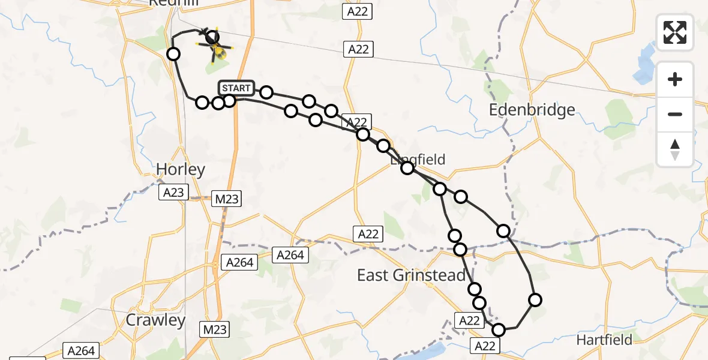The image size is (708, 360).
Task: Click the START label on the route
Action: click(236, 88)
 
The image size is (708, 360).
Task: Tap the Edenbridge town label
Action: click(532, 110)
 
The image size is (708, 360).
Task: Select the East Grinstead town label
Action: click(411, 275)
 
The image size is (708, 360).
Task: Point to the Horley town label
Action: click(181, 170)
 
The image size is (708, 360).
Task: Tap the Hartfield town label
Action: click(604, 340)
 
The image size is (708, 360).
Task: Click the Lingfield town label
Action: click(418, 160)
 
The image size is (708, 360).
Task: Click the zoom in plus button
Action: click(675, 79)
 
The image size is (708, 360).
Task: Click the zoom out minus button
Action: click(675, 114)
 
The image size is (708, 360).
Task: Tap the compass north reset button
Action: click(675, 149)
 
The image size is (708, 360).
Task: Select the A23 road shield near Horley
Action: click(174, 192)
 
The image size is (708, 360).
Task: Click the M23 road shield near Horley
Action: click(226, 199)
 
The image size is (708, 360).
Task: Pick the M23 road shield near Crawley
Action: click(214, 329)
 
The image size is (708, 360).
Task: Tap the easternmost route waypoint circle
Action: click(535, 299)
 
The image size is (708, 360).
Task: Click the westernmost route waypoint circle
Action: click(173, 54)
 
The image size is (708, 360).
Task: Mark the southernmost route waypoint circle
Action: click(499, 329)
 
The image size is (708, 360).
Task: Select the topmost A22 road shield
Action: click(358, 11)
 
